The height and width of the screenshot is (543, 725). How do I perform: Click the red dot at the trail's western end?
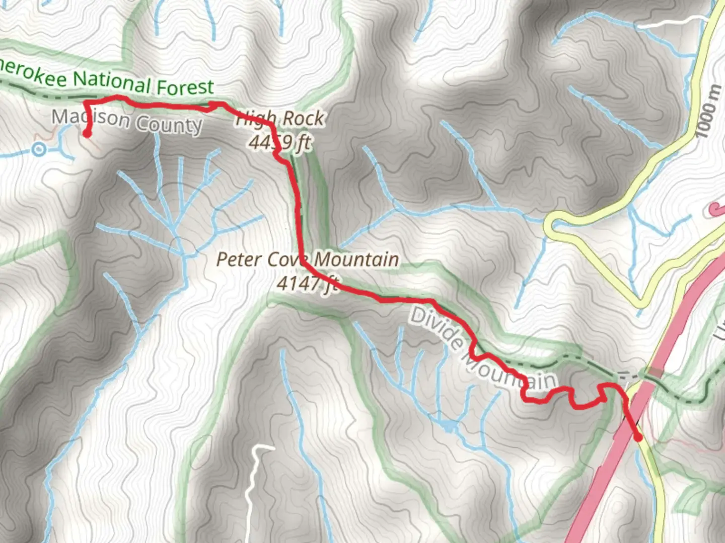tap(87, 134)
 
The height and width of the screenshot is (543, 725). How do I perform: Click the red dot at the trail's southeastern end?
tap(638, 437)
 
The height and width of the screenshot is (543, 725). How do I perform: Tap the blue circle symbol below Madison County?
tap(39, 149)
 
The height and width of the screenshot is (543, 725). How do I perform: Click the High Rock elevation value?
tap(280, 143)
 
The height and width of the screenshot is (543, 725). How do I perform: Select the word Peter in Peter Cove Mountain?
tap(239, 259)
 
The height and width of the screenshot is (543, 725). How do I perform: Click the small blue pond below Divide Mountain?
tap(448, 428)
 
